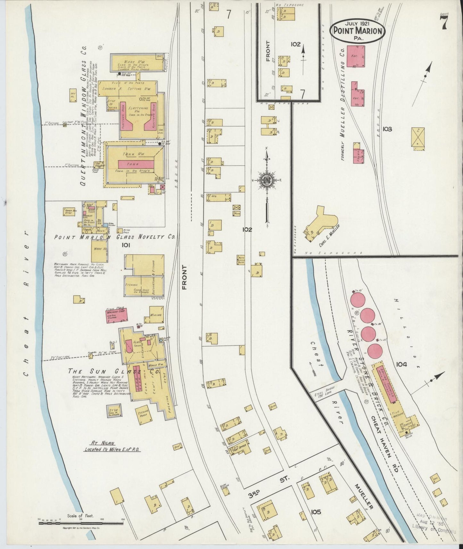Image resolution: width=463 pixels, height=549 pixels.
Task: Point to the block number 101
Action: pos(126,245)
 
